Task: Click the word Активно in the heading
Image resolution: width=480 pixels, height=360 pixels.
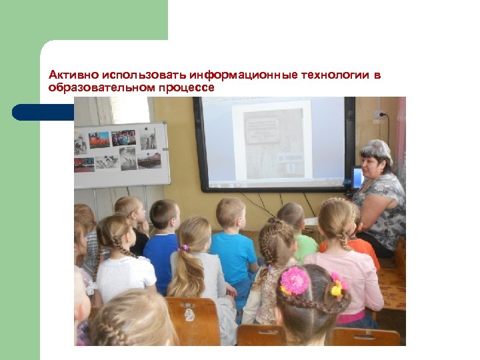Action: click(x=69, y=75)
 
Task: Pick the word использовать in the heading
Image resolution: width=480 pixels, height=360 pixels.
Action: click(x=139, y=75)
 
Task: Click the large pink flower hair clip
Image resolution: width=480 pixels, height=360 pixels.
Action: click(x=294, y=280)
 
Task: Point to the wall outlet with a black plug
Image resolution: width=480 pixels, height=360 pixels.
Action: click(x=380, y=115)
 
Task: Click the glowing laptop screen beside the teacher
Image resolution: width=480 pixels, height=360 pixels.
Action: click(x=357, y=177)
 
